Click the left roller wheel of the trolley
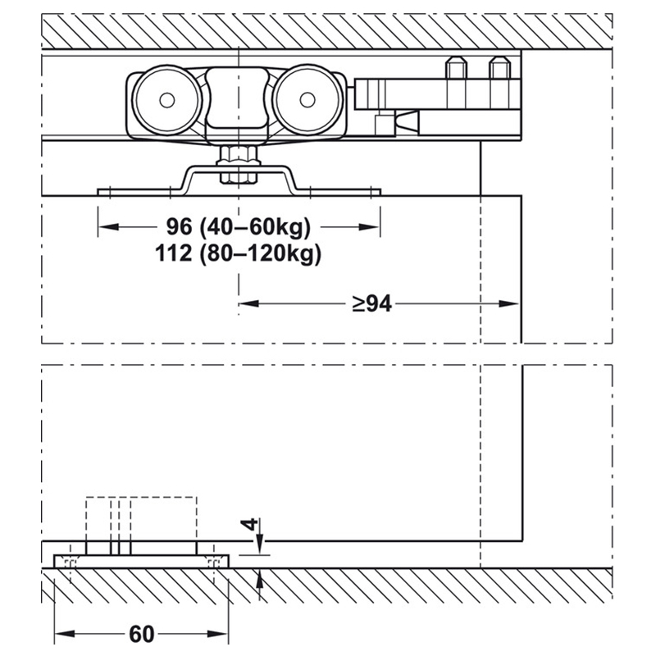pyautogui.click(x=167, y=100)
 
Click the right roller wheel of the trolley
pyautogui.click(x=307, y=100)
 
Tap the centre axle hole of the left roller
pyautogui.click(x=167, y=100)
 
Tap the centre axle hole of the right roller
pyautogui.click(x=307, y=100)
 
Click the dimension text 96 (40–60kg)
pyautogui.click(x=239, y=227)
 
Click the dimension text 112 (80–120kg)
pyautogui.click(x=238, y=253)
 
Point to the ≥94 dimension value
pyautogui.click(x=372, y=303)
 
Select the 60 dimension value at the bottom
pyautogui.click(x=142, y=634)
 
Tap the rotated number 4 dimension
pyautogui.click(x=250, y=524)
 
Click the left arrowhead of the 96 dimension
pyautogui.click(x=108, y=227)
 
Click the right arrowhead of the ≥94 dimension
pyautogui.click(x=508, y=303)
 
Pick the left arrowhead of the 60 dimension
pyautogui.click(x=65, y=634)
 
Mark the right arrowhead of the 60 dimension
pyautogui.click(x=217, y=634)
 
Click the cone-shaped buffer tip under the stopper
pyautogui.click(x=407, y=121)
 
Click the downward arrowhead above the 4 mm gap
pyautogui.click(x=260, y=545)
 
